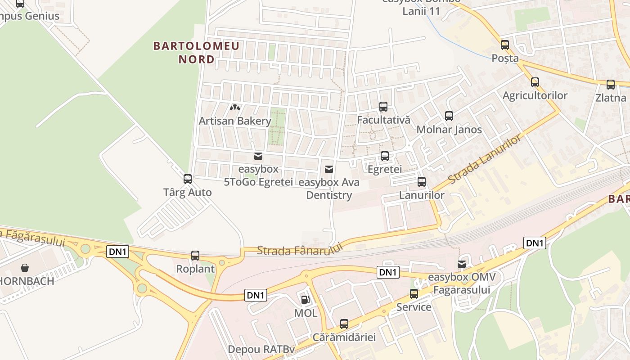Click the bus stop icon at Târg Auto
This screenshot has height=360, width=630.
(x=188, y=179)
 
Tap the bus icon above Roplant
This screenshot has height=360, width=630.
(x=195, y=256)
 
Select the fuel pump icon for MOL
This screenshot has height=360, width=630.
(x=305, y=300)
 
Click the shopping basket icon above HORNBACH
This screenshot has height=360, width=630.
(x=25, y=268)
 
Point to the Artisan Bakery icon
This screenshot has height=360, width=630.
(x=234, y=108)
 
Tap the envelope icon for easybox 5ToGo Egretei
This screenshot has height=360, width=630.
(x=258, y=156)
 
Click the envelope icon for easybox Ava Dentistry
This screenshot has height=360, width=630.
(x=329, y=169)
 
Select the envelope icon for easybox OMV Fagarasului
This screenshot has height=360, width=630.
(x=462, y=264)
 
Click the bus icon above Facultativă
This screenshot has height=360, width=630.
(x=383, y=107)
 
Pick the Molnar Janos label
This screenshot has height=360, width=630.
(x=449, y=130)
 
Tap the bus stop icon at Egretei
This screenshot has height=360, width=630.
(x=385, y=156)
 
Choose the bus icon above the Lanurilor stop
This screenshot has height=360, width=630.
(x=422, y=182)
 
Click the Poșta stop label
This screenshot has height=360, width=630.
(x=505, y=58)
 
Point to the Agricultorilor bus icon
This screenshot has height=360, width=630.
(x=535, y=82)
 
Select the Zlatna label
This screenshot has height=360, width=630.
(x=611, y=98)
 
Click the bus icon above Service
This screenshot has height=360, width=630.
(x=414, y=294)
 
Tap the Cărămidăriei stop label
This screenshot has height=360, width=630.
(x=344, y=337)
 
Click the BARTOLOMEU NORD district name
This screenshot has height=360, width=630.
(x=196, y=53)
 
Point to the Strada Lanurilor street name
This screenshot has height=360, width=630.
(x=486, y=158)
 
